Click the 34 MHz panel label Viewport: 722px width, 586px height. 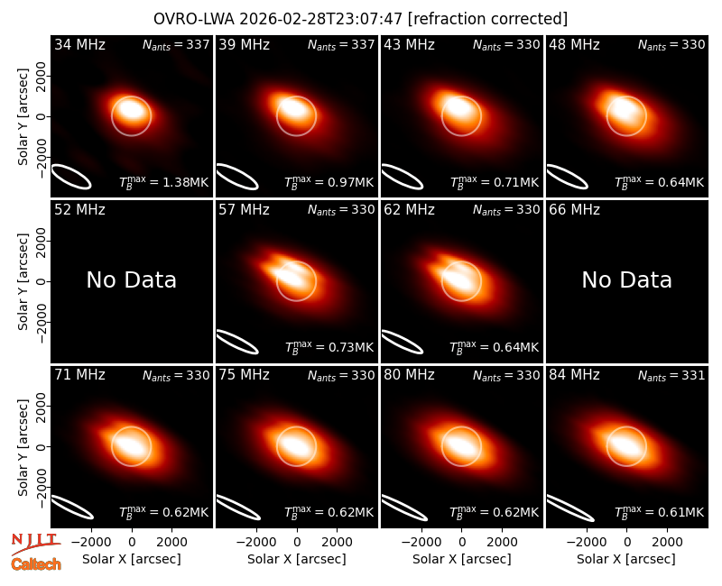pos(79,44)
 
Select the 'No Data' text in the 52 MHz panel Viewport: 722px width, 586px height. pos(131,280)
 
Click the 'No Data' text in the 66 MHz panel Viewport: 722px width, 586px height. pos(626,280)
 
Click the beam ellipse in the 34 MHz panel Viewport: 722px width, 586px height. pos(71,177)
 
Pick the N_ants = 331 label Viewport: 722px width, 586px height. pos(671,376)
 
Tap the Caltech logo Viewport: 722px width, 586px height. pos(36,564)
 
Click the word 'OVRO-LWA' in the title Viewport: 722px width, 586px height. pos(194,19)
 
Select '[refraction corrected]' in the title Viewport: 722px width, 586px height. pos(487,19)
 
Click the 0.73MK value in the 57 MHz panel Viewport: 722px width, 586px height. pos(350,348)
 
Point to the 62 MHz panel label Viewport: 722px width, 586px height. pos(410,210)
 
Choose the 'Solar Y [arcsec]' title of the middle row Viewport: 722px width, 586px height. pos(23,281)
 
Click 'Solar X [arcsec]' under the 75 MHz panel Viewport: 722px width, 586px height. pos(297,559)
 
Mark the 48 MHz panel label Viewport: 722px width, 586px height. pos(574,44)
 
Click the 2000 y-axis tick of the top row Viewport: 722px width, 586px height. pos(42,76)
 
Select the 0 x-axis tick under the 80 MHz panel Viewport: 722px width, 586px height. pos(462,543)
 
